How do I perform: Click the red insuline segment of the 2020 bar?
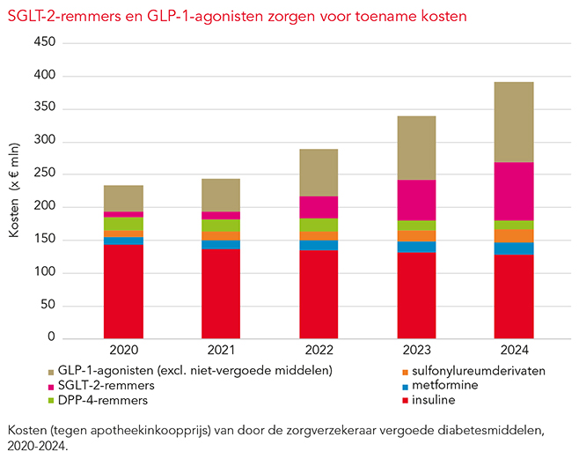pos(123,291)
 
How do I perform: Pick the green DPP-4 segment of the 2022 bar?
pos(318,225)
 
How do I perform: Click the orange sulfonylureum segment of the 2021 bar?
pos(221,236)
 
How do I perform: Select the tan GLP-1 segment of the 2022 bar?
pos(318,173)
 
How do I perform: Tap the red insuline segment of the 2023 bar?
pos(415,295)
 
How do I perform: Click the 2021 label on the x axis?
pos(221,350)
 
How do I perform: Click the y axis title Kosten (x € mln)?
pos(16,190)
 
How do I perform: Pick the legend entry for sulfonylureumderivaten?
pos(476,371)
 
